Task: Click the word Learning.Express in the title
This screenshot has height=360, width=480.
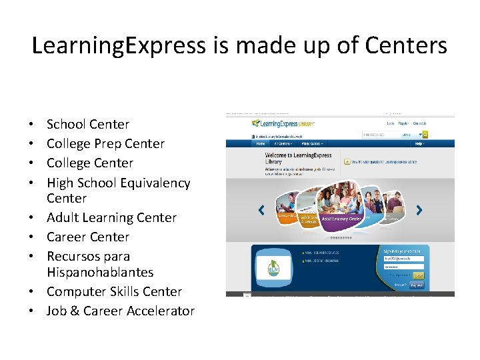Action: [119, 45]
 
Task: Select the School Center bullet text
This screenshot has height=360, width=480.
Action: [88, 124]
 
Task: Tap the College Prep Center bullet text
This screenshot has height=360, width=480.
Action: [105, 143]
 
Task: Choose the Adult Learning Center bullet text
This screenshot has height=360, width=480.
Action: [111, 217]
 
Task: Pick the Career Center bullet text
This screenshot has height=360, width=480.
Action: [88, 237]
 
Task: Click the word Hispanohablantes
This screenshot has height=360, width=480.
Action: [100, 272]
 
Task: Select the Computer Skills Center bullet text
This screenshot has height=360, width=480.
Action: [114, 291]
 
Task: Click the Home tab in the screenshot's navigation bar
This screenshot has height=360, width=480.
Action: [261, 143]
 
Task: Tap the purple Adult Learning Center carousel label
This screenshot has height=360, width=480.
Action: [341, 218]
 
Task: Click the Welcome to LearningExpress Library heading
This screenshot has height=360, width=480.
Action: [298, 159]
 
